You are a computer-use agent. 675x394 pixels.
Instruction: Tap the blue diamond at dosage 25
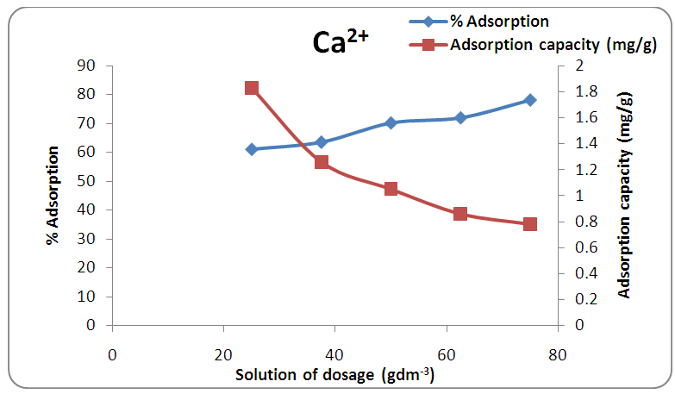[x=252, y=149]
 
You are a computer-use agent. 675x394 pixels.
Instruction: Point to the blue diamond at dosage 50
[x=391, y=122]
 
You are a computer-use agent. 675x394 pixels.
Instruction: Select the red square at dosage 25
[x=252, y=88]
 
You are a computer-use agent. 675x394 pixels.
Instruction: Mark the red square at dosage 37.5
[x=322, y=162]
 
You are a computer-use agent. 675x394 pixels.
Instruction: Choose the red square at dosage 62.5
[x=460, y=214]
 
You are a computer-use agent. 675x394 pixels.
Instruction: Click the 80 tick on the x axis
[x=558, y=354]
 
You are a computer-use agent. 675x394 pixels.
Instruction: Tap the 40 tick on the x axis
[x=334, y=354]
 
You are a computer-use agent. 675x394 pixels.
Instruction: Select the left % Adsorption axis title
[x=53, y=195]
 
